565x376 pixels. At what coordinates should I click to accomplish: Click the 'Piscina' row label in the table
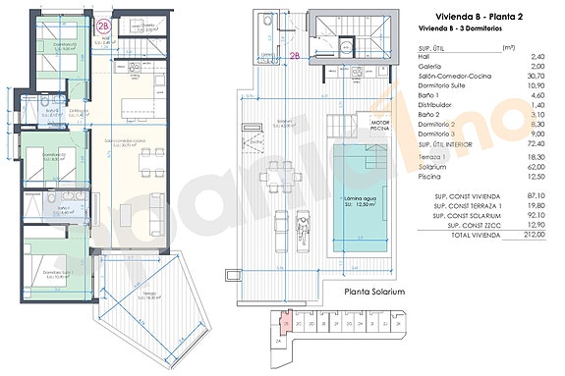point(428,177)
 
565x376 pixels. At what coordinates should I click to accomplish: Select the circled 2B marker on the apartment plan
point(105,27)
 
